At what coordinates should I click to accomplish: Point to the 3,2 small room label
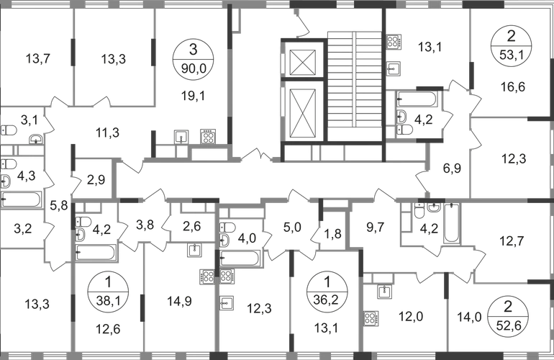coord(23,230)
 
